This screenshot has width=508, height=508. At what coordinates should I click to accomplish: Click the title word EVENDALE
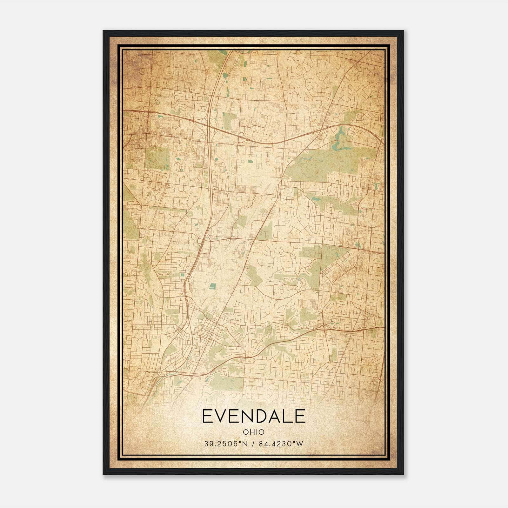click(253, 416)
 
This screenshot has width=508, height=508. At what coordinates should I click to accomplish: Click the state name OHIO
click(253, 432)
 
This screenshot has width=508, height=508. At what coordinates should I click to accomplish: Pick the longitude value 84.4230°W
click(281, 444)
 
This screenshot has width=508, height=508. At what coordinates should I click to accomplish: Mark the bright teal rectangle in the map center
click(212, 287)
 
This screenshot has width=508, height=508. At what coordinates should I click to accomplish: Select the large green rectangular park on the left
click(157, 158)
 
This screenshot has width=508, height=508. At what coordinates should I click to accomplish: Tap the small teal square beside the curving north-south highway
click(182, 275)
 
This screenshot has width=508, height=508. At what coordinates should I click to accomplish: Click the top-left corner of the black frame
click(104, 31)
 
